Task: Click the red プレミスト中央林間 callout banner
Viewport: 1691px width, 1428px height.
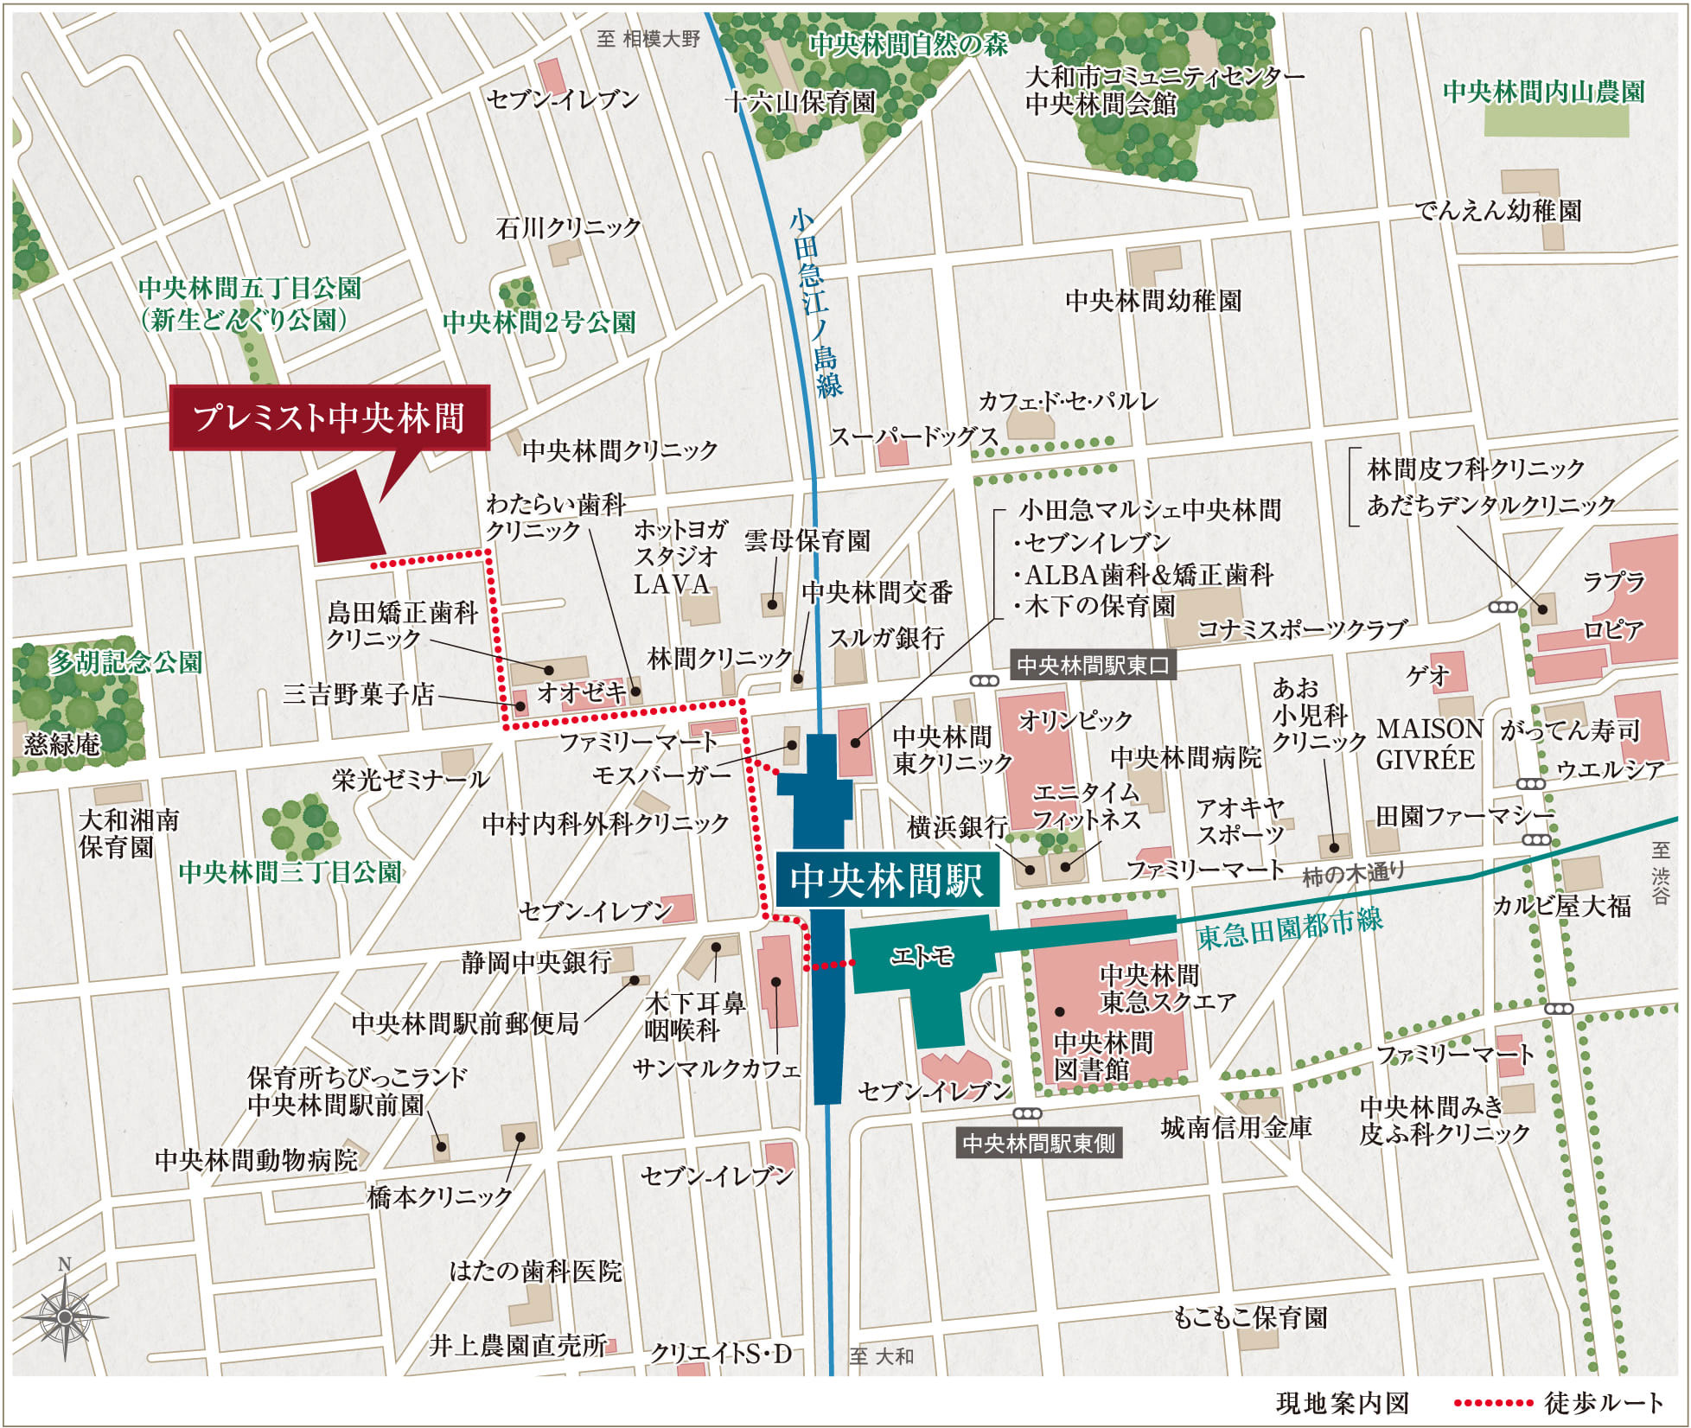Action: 329,418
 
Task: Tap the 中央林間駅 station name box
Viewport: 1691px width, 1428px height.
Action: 886,880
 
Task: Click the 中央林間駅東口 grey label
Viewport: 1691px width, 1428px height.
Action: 1093,665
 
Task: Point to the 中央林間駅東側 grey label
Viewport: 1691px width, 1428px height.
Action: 1039,1144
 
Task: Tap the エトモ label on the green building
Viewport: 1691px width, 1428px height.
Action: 922,956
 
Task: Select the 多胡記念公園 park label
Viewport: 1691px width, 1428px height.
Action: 125,662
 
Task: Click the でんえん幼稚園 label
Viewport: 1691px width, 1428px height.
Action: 1497,210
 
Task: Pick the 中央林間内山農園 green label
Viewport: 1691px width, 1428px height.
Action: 1543,92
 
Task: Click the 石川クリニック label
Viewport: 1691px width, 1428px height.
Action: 568,227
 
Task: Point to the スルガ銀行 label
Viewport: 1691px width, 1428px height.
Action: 886,638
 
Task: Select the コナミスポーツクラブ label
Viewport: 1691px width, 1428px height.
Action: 1302,629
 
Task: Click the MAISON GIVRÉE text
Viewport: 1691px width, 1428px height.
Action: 1429,744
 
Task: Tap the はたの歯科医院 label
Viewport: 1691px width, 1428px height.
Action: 535,1271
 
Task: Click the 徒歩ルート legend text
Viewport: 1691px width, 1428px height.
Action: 1604,1402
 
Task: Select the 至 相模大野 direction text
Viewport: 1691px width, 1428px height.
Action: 648,38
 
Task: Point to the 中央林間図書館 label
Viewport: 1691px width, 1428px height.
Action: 1103,1055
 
